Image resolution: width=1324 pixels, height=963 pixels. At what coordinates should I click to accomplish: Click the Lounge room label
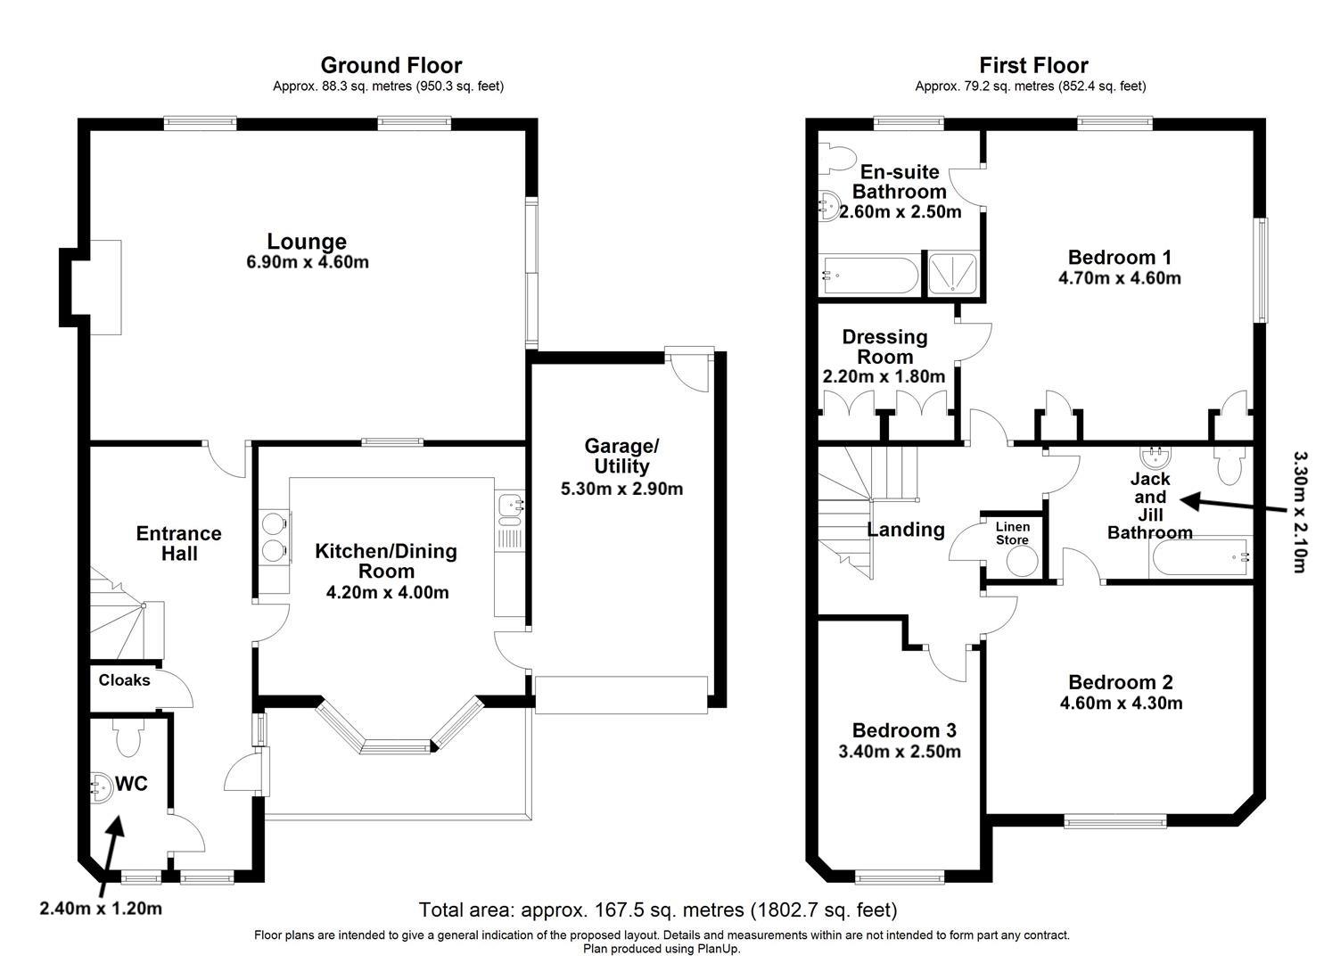click(307, 242)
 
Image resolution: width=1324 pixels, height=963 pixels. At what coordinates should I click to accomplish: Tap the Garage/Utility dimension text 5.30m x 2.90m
click(621, 489)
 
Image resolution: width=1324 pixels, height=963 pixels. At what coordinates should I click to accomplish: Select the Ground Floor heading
click(391, 65)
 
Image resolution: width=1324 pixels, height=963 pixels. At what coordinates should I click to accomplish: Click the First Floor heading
click(1033, 65)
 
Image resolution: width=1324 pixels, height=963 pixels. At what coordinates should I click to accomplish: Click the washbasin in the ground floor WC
click(103, 786)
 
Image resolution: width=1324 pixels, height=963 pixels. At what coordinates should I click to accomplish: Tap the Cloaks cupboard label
click(124, 680)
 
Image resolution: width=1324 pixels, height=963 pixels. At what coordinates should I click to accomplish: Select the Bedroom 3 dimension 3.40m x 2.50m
click(900, 752)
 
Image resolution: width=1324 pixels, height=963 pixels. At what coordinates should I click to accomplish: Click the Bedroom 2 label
click(1121, 683)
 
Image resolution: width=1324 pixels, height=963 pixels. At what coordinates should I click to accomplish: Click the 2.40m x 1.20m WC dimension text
click(101, 909)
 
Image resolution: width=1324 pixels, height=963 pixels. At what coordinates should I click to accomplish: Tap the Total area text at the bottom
click(658, 910)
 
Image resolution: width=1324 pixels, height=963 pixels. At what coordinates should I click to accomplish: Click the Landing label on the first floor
click(906, 530)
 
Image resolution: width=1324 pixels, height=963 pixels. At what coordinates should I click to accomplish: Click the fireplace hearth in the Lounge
click(103, 287)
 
